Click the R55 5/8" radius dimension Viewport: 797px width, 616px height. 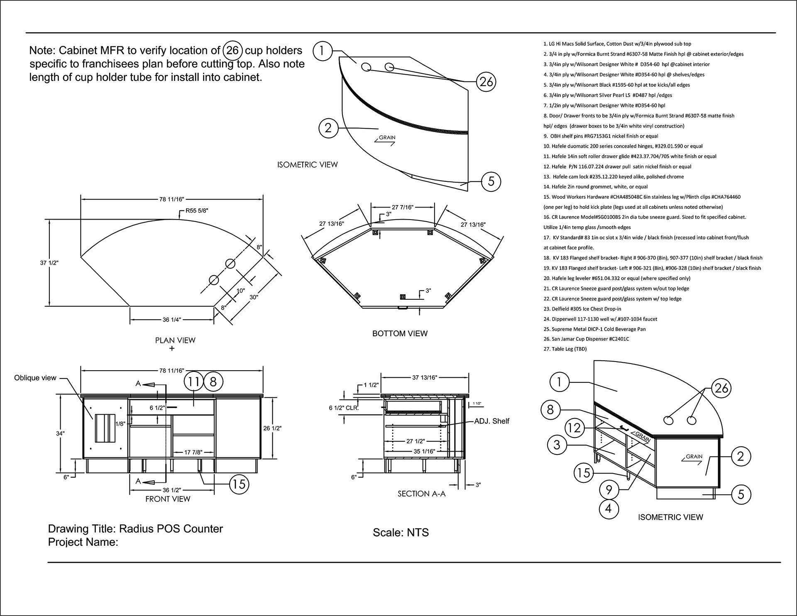click(x=197, y=211)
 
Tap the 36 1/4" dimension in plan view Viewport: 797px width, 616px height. click(x=172, y=320)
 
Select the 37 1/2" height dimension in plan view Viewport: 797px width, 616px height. click(x=49, y=263)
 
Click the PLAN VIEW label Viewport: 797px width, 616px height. click(x=175, y=340)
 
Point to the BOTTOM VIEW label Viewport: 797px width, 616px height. click(x=400, y=333)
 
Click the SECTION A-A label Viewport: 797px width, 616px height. click(x=421, y=494)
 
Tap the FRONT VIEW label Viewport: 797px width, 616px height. click(x=168, y=499)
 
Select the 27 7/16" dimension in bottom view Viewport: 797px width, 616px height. click(x=403, y=207)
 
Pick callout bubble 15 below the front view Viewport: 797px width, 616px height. click(x=239, y=484)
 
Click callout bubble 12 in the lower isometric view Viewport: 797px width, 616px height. click(x=575, y=428)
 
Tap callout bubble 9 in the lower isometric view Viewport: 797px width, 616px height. click(x=609, y=490)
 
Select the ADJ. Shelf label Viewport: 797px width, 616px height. click(x=491, y=421)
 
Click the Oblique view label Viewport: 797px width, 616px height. click(x=35, y=378)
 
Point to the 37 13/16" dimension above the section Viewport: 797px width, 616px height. click(x=425, y=378)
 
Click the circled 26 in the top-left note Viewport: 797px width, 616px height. click(x=232, y=51)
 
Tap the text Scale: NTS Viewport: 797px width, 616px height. click(x=401, y=533)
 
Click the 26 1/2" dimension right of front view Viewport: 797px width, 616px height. click(x=273, y=428)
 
